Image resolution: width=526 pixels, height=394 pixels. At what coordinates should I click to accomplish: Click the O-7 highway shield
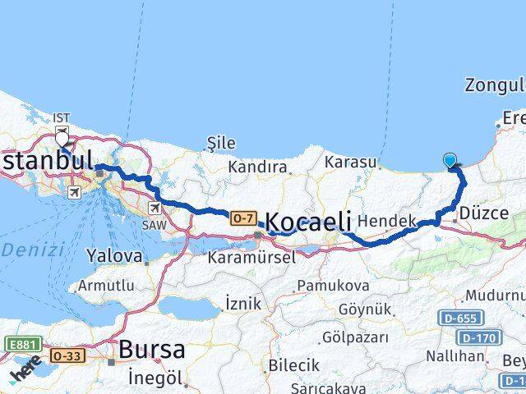point(242,218)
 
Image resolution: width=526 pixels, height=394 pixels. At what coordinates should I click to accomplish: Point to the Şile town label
point(221,144)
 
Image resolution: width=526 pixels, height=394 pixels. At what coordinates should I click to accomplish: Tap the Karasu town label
point(350,163)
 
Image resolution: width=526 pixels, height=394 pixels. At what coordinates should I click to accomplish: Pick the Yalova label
point(114,255)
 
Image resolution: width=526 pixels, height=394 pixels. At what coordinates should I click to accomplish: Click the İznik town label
point(242,304)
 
